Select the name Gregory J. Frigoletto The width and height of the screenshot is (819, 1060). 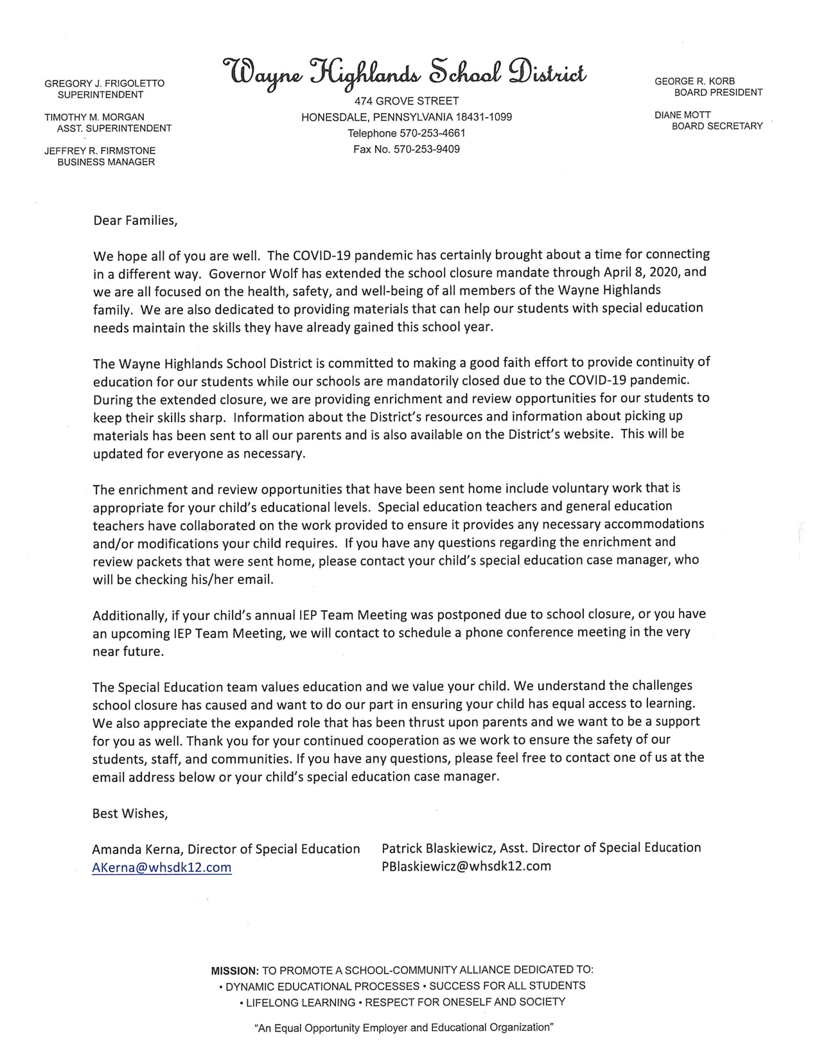[x=104, y=84]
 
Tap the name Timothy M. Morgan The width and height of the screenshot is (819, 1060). [x=94, y=117]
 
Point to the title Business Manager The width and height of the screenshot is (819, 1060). [x=106, y=162]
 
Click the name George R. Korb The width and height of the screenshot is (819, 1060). [x=694, y=81]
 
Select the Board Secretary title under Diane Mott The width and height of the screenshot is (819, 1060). [x=717, y=126]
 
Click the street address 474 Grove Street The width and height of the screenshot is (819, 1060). [x=407, y=101]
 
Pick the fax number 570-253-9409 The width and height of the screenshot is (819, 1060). [x=427, y=149]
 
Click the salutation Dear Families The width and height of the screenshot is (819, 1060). [x=135, y=220]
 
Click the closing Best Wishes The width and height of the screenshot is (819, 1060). [x=130, y=813]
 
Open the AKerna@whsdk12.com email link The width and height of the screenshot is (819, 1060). [x=162, y=867]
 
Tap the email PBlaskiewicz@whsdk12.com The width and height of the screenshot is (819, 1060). [x=466, y=865]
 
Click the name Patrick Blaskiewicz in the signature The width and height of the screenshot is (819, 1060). [x=437, y=847]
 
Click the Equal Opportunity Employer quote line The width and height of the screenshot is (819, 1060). [x=404, y=1027]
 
